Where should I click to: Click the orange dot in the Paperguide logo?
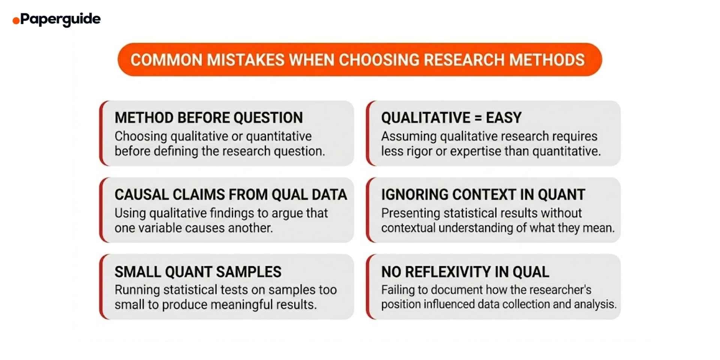(16, 21)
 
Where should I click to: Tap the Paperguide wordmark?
(60, 19)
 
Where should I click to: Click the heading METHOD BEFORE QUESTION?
(208, 118)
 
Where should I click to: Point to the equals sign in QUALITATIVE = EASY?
(478, 118)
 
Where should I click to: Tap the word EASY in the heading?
(504, 118)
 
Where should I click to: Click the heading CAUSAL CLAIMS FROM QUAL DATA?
(231, 195)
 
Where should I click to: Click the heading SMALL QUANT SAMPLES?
(198, 272)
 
